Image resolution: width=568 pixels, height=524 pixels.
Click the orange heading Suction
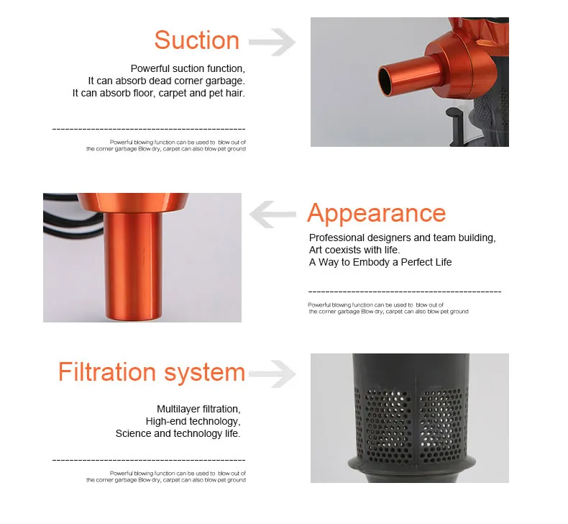click(196, 40)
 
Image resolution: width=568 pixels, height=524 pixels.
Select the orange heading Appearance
click(376, 214)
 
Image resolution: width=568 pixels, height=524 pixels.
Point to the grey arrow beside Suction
click(273, 42)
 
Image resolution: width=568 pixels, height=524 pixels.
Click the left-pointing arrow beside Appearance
click(272, 214)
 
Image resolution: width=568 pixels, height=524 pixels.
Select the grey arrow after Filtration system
click(272, 373)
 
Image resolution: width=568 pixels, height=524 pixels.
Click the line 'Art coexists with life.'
click(354, 250)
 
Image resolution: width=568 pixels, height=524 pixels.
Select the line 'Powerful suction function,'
click(188, 68)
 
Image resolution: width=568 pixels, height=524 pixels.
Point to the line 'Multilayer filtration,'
click(198, 409)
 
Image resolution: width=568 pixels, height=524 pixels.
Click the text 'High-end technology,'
click(193, 421)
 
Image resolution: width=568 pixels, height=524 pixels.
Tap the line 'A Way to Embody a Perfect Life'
click(380, 262)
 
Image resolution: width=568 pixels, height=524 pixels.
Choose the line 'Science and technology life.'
click(178, 433)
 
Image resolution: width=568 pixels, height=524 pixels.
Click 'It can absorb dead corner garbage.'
click(166, 81)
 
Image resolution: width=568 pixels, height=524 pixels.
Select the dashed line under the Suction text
click(149, 129)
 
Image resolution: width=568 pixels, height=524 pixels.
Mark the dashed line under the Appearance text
click(404, 292)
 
